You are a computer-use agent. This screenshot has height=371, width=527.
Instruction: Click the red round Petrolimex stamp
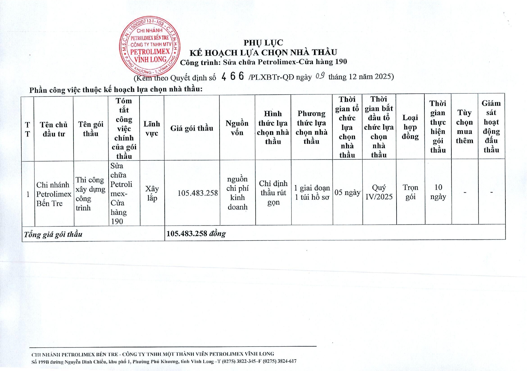click(x=150, y=46)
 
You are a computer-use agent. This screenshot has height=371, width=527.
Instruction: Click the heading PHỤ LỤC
click(x=263, y=43)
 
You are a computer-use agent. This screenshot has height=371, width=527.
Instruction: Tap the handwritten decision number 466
click(x=232, y=77)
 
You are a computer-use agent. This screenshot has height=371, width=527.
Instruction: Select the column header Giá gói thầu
click(x=192, y=128)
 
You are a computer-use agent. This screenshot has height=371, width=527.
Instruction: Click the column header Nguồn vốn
click(x=237, y=128)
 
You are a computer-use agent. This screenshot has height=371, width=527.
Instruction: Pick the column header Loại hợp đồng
click(x=410, y=127)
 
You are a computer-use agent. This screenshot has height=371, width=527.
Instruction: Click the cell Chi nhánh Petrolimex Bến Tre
click(x=54, y=194)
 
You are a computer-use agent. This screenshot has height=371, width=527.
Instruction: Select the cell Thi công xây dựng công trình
click(x=90, y=194)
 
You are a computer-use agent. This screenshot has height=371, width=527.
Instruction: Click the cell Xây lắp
click(x=152, y=193)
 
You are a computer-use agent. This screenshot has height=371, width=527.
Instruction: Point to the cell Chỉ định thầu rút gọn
click(x=273, y=193)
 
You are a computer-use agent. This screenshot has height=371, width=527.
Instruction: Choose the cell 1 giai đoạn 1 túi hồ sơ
click(x=312, y=192)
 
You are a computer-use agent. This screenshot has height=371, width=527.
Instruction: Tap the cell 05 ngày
click(x=347, y=192)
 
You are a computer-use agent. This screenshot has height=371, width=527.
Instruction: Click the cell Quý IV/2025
click(x=379, y=192)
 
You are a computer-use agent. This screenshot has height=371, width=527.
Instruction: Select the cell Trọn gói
click(x=410, y=192)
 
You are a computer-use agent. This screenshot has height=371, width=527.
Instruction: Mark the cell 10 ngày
click(x=438, y=192)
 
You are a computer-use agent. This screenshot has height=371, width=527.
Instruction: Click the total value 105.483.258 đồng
click(x=196, y=234)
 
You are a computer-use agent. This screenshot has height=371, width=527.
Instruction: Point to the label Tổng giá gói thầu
click(x=53, y=234)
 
